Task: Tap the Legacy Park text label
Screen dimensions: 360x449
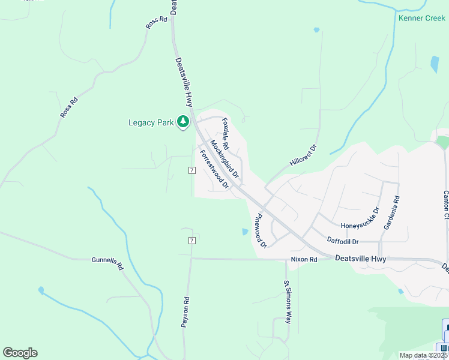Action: point(151,123)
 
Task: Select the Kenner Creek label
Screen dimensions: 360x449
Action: point(422,18)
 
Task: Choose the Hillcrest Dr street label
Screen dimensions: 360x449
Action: point(303,155)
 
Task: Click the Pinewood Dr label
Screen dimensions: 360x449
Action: point(261,231)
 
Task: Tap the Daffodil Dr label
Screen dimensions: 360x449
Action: point(343,241)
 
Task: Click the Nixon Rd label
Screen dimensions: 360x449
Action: point(304,259)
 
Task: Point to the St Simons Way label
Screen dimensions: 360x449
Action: point(288,302)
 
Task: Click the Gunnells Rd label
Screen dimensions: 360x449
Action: point(107,263)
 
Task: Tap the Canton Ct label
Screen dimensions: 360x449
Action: point(445,205)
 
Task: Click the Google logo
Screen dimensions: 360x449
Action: point(20,353)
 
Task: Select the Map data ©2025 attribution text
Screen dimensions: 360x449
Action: point(423,355)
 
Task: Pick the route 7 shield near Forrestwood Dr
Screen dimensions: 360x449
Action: point(191,170)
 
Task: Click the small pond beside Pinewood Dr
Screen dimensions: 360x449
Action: point(244,232)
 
